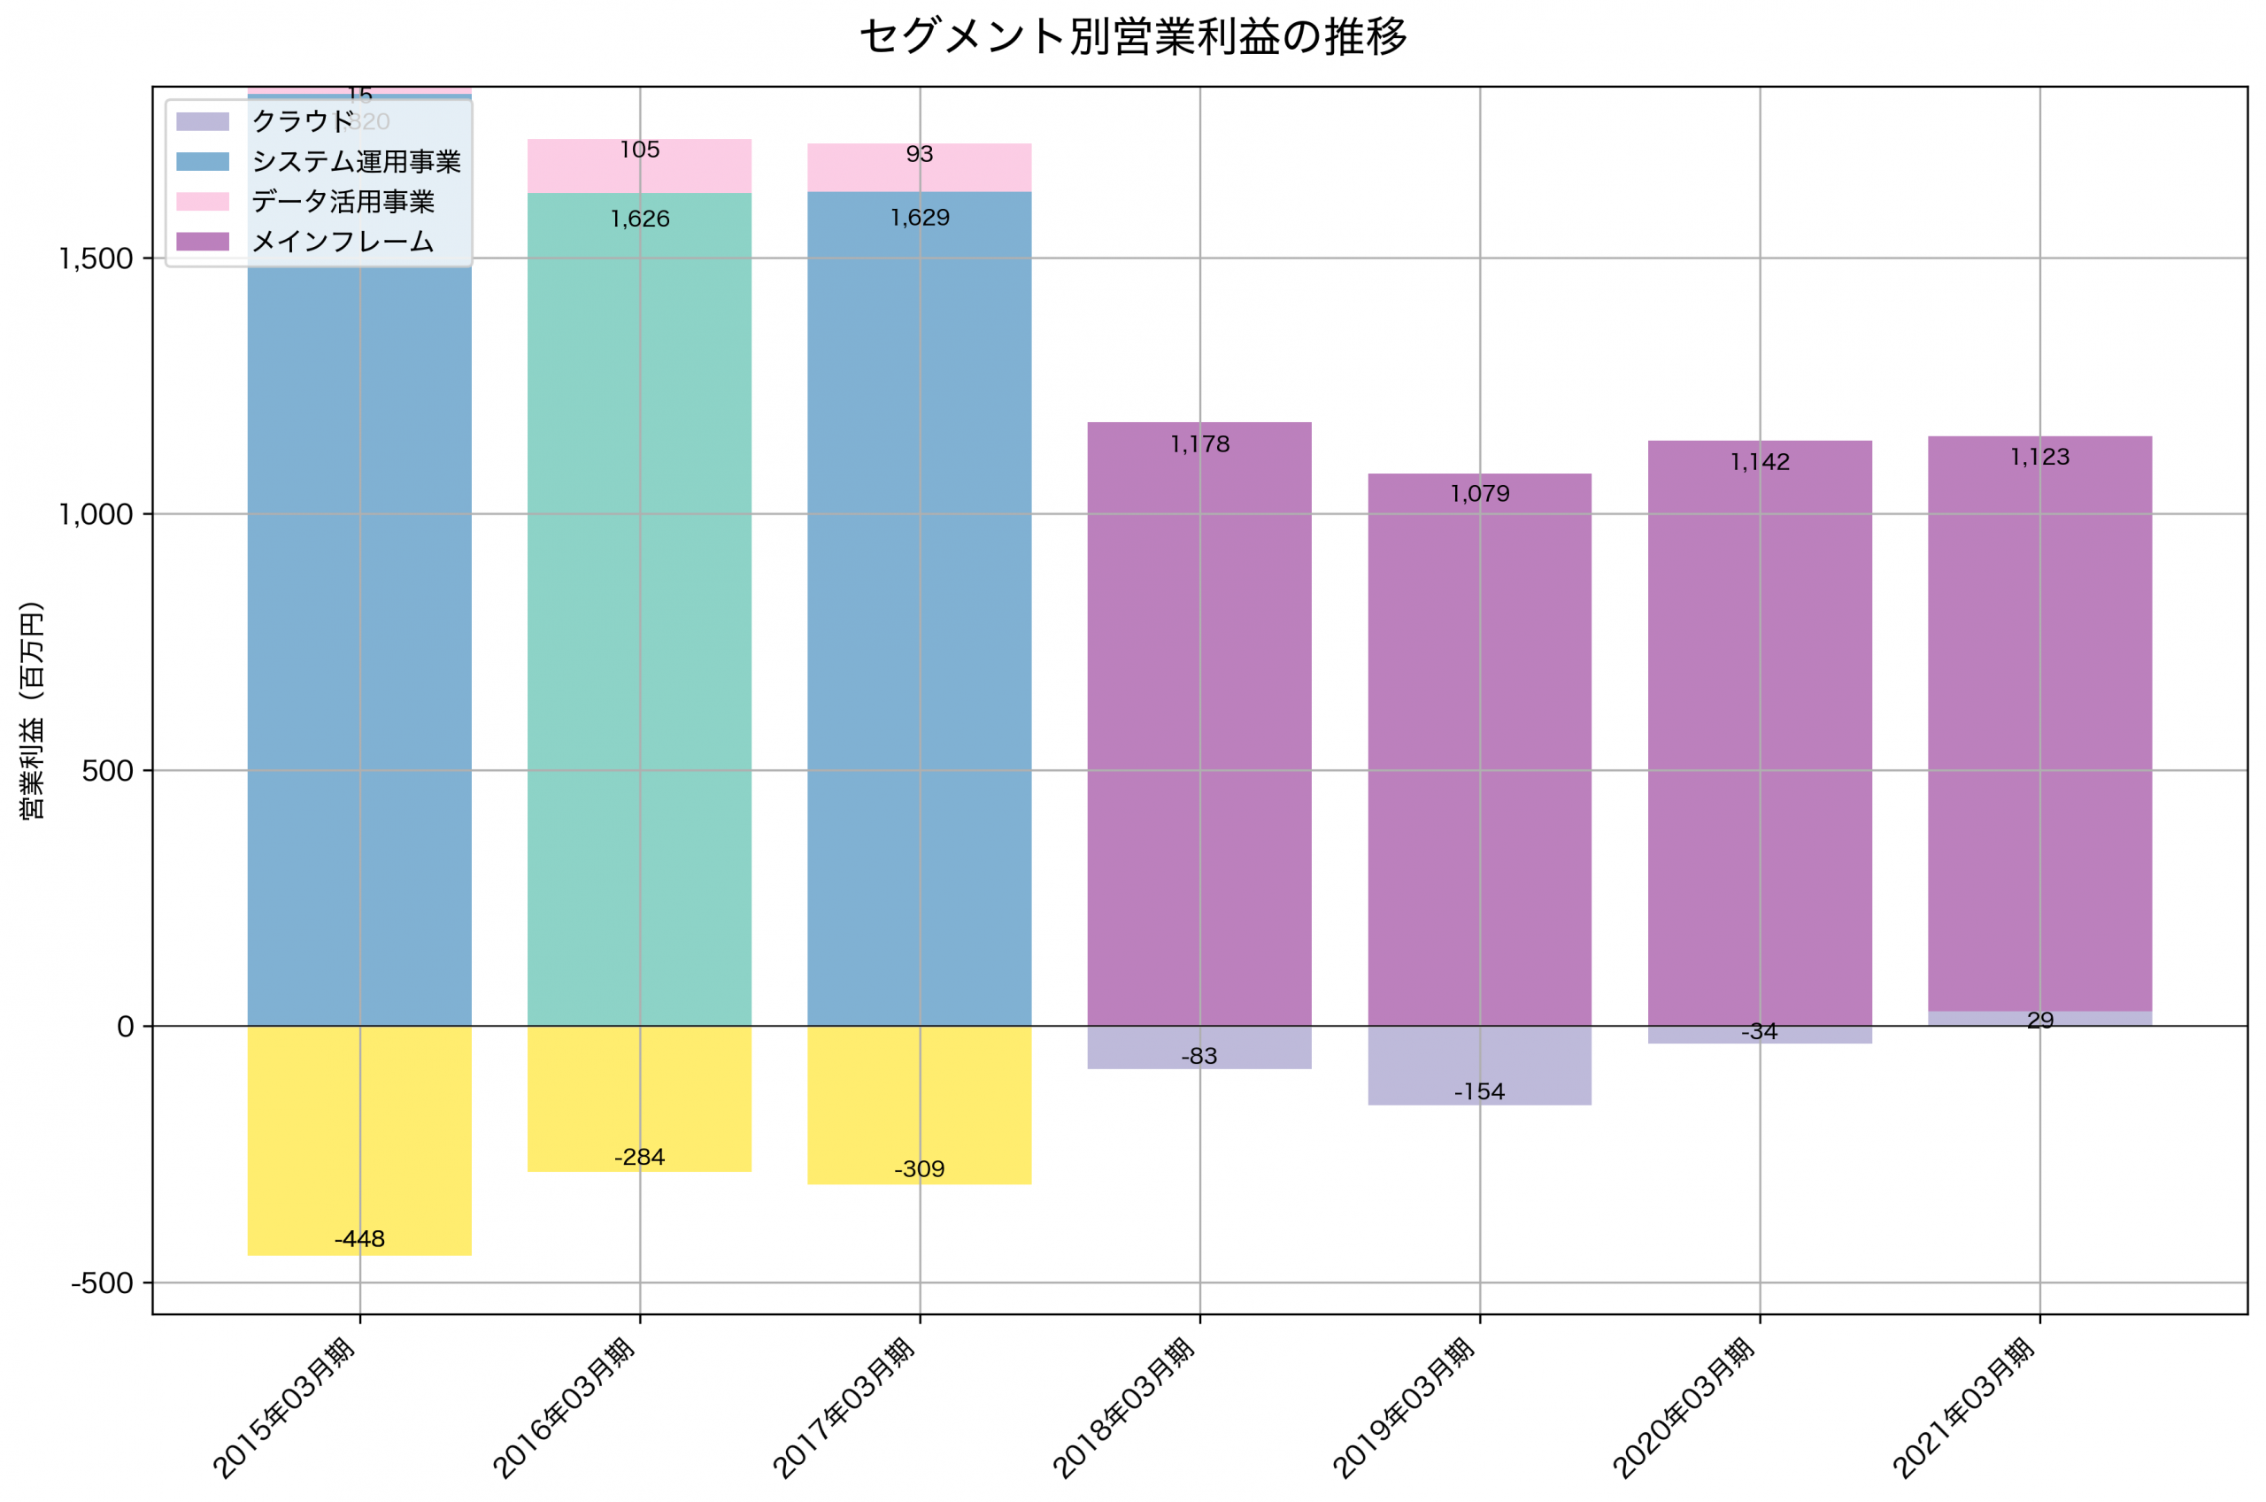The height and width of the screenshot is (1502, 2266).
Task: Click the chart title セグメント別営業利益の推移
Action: coord(1132,37)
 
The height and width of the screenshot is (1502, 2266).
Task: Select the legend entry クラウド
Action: coord(303,121)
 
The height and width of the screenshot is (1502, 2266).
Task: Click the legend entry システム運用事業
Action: coord(355,162)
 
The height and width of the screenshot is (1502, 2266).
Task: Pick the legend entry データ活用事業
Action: coord(342,202)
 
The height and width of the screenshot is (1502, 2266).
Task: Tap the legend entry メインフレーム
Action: coord(342,243)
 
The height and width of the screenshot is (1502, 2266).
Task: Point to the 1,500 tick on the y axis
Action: coord(96,258)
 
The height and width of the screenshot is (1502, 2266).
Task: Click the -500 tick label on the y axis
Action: coord(102,1283)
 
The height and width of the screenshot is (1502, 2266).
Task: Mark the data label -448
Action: coord(359,1239)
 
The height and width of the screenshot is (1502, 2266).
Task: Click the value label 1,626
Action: coord(640,220)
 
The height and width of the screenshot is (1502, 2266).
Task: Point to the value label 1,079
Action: coord(1480,494)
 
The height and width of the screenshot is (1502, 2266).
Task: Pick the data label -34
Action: coord(1760,1033)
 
